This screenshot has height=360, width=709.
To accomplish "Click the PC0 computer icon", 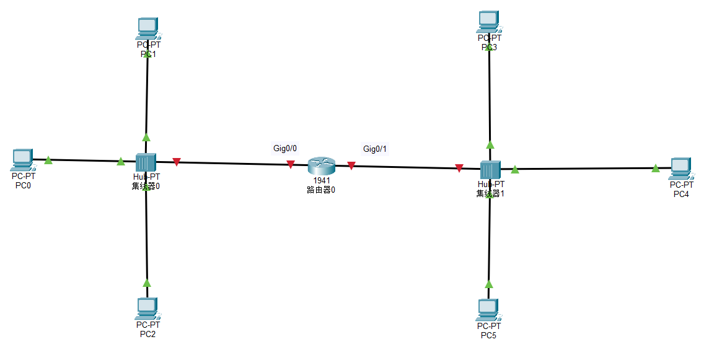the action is point(22,160).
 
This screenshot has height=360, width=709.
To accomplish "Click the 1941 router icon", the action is point(321,165).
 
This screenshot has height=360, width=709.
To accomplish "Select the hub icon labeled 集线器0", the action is point(146,162).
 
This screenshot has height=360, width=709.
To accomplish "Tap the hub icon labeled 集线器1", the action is point(490,169).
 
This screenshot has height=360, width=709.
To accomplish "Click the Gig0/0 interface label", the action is point(286,148).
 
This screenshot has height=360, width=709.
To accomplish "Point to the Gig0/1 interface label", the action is point(375,149).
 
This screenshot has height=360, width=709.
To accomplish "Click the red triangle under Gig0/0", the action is point(290,164).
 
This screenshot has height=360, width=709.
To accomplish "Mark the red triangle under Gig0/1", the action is point(351,165).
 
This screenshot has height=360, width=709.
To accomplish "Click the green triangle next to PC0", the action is point(48,160).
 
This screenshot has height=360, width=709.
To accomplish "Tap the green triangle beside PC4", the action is point(656,168).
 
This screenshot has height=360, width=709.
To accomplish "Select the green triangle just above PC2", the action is point(147,283).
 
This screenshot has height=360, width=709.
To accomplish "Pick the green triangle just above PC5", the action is point(488,284).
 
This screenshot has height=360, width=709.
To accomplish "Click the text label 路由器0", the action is point(321,190).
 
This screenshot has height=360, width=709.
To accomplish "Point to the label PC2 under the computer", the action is point(148,335).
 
